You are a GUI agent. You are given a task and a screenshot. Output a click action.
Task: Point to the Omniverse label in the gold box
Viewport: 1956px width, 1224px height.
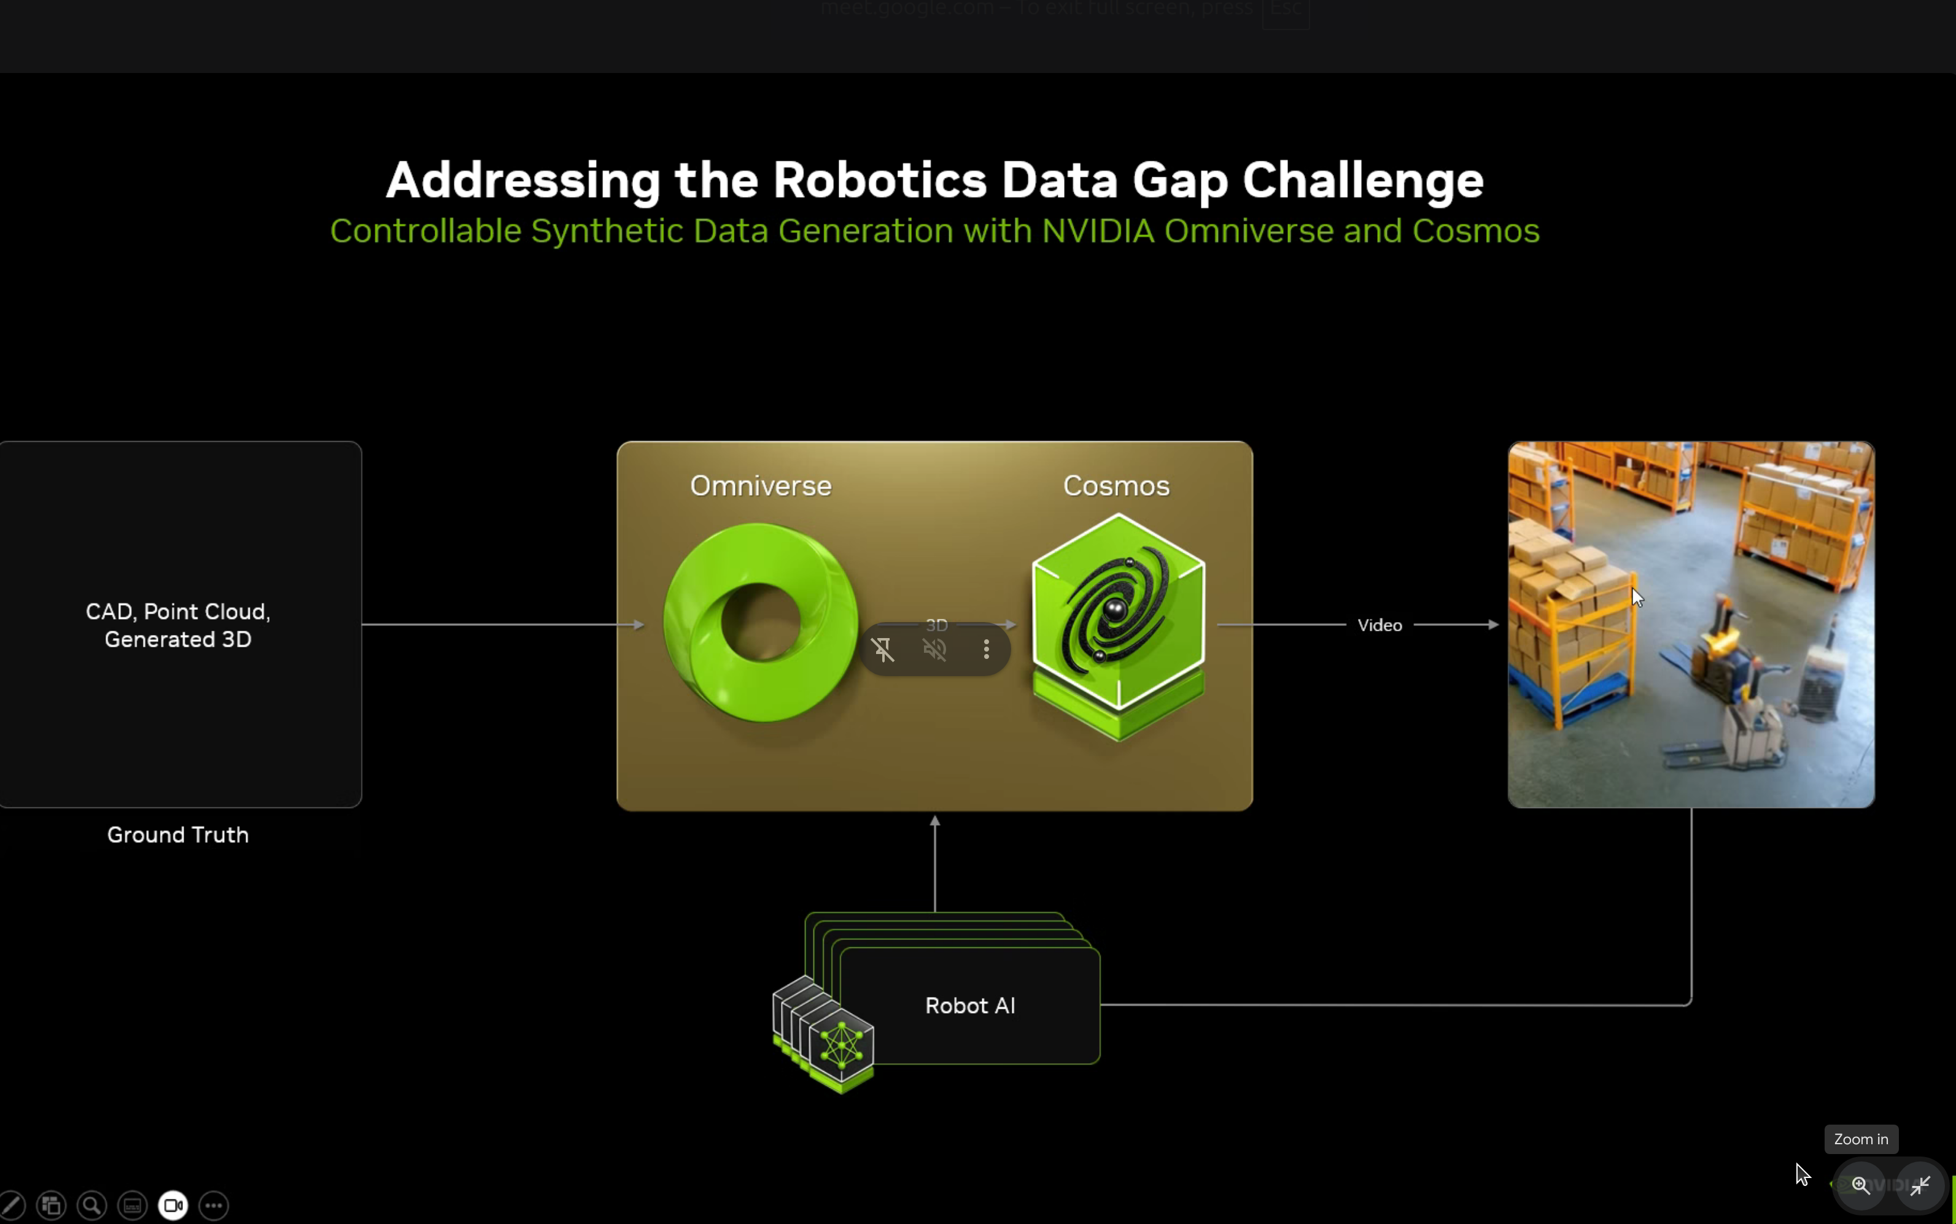[x=761, y=486]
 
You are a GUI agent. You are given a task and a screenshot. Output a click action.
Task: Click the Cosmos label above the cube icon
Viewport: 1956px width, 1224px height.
[x=1116, y=486]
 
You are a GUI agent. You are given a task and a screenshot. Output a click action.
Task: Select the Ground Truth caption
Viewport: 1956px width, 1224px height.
[x=177, y=834]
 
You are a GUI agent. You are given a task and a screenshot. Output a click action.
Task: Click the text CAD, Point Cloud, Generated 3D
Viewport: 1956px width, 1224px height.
[x=177, y=625]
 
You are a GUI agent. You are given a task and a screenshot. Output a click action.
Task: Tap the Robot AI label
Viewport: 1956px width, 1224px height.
[x=969, y=1006]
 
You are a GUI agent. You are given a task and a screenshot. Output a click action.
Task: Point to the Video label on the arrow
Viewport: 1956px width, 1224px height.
[x=1380, y=625]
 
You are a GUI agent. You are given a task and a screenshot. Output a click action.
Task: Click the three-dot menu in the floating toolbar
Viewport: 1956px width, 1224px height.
[x=986, y=649]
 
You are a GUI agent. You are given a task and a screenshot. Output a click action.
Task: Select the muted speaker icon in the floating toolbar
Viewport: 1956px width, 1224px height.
[x=934, y=649]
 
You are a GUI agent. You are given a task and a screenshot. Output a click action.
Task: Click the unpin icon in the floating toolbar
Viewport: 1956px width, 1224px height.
[x=883, y=649]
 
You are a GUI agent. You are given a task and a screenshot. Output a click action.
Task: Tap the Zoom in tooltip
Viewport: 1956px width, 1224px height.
[x=1860, y=1139]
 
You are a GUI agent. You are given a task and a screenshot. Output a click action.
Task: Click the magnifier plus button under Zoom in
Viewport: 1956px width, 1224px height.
[x=1860, y=1186]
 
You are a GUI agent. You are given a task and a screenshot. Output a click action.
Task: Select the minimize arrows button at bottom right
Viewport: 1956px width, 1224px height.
[x=1920, y=1186]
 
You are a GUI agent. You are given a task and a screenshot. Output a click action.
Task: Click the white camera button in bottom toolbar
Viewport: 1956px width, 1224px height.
[x=173, y=1206]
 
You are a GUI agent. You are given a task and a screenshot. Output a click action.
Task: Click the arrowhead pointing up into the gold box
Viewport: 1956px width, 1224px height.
[x=934, y=821]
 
